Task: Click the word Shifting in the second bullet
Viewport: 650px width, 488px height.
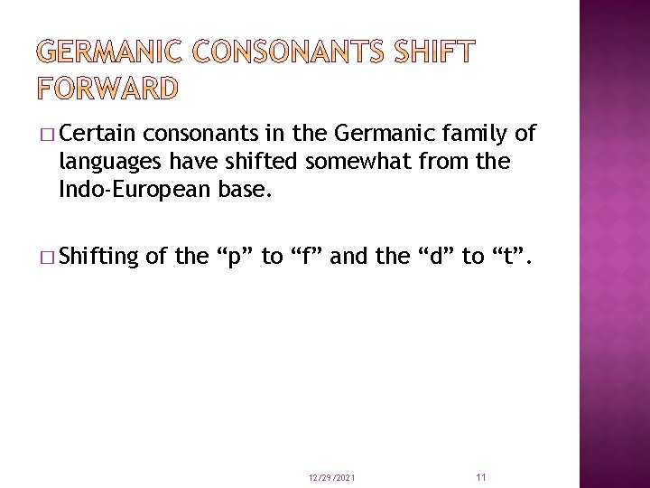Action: [x=100, y=256]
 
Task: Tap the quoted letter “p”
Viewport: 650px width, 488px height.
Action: [x=235, y=256]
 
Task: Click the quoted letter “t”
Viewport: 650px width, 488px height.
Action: [x=508, y=256]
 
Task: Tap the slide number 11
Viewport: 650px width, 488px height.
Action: [x=480, y=476]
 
